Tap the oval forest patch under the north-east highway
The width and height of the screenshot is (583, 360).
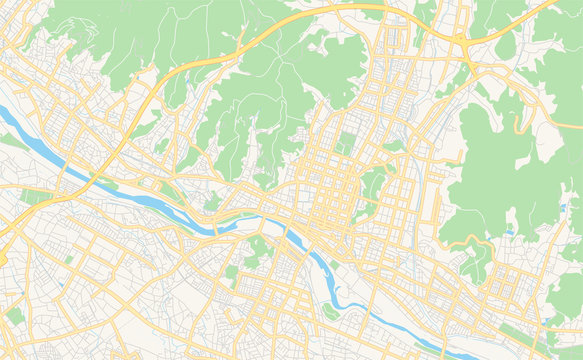505,45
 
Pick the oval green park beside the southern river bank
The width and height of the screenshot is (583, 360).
330,310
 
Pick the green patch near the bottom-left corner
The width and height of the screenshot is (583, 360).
15,315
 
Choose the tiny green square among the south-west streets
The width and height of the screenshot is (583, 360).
69,258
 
